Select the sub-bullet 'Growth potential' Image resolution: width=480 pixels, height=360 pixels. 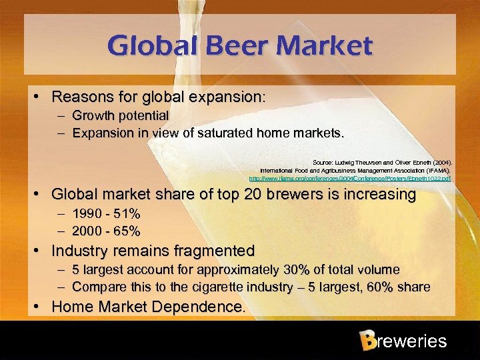point(121,116)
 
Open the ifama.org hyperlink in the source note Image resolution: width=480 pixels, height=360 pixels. point(349,178)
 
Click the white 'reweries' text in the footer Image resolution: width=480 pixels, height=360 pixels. point(411,342)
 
